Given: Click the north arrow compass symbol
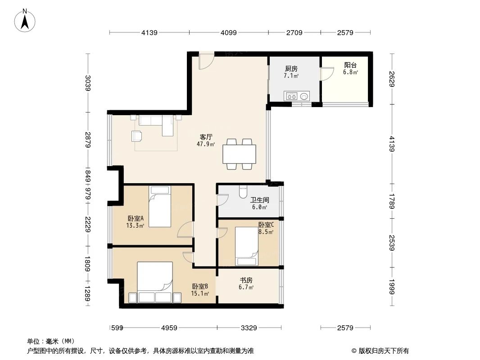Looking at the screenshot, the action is tap(25, 21).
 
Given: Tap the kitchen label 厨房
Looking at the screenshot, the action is tap(291, 69).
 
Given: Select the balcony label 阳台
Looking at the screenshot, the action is tap(350, 65).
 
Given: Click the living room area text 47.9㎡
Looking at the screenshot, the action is tap(206, 144).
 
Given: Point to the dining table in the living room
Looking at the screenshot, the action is tap(240, 154).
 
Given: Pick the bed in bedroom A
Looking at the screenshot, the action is tap(160, 207).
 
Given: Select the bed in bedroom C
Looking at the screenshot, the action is tap(246, 246).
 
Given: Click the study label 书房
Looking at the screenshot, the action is tap(246, 280).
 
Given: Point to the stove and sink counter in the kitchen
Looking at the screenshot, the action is tap(297, 96).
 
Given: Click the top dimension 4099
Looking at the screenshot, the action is tap(229, 32).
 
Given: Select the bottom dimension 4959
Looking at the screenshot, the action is tap(169, 328).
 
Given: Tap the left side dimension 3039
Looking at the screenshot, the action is tap(88, 83).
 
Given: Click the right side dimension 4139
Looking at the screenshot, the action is tap(392, 144).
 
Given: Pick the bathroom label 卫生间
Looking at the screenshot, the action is tap(260, 200).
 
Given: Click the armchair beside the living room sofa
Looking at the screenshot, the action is tap(136, 136).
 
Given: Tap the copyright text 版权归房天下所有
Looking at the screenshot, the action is tap(384, 351).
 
